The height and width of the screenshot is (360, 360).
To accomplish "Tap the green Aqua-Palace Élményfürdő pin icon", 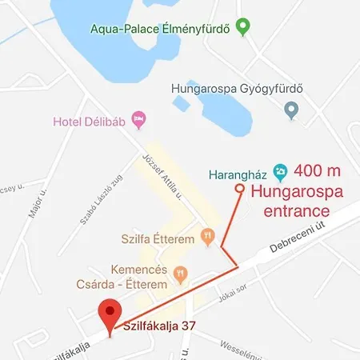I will click(245, 28).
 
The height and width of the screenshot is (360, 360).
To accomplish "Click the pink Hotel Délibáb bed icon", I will click(140, 120).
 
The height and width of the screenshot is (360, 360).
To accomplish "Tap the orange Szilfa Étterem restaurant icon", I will click(208, 235).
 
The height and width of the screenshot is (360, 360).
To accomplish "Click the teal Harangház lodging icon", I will click(280, 170).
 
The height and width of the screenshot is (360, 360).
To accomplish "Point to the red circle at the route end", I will click(239, 189).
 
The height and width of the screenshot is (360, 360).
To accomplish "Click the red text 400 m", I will click(317, 170).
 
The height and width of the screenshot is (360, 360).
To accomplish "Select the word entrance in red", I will click(290, 212).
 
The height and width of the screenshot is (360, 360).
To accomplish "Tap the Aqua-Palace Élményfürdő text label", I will click(160, 30).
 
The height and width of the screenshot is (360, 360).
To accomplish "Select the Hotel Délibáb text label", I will click(91, 122).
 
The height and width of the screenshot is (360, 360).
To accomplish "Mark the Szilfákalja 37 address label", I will click(160, 326).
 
